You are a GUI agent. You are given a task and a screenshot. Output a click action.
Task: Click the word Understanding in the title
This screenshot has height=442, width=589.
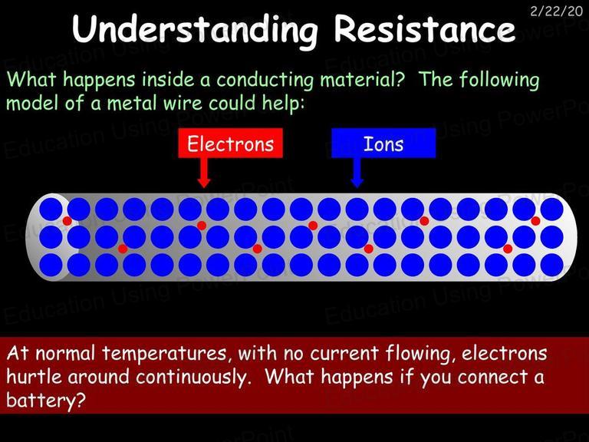tap(195, 29)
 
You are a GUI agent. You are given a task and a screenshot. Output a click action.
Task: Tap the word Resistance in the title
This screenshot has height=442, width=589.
tap(424, 28)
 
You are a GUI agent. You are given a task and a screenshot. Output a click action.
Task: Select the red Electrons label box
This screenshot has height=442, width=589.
tap(230, 143)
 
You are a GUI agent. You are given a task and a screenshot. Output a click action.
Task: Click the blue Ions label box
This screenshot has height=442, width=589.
tap(383, 143)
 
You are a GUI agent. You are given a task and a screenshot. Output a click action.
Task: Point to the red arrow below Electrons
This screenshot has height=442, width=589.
tap(203, 173)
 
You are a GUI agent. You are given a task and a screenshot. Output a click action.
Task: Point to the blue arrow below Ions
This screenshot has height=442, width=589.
tap(357, 173)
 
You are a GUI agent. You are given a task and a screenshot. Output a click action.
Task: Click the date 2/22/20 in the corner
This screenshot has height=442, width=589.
tap(556, 11)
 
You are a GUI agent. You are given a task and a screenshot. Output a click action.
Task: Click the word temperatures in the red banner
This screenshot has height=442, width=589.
tap(164, 354)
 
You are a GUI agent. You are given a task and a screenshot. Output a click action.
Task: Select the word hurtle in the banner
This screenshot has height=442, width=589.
tap(34, 376)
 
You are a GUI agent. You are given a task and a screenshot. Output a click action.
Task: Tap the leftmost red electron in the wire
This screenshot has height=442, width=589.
tap(67, 221)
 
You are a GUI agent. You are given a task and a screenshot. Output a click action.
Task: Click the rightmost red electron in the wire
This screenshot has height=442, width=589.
tap(535, 221)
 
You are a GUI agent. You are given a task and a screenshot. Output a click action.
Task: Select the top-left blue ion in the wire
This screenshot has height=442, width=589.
tap(51, 209)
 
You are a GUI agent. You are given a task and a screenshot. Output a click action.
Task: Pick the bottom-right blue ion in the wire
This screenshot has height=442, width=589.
tap(552, 265)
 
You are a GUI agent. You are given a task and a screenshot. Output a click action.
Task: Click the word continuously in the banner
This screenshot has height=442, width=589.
tap(192, 377)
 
